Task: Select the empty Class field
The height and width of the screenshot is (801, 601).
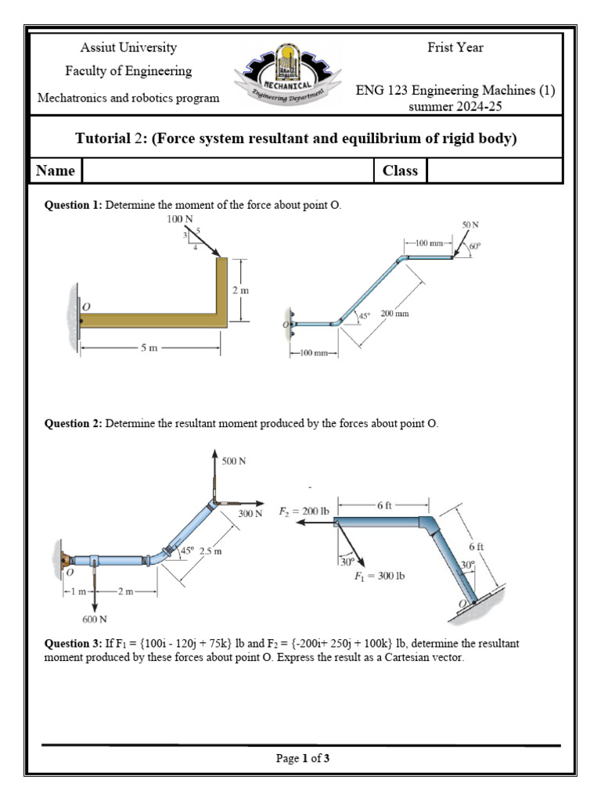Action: pos(494,171)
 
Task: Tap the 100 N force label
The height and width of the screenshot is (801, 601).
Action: pos(179,220)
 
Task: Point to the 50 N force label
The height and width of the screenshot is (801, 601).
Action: pos(470,224)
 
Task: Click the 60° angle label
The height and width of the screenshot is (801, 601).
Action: pos(475,246)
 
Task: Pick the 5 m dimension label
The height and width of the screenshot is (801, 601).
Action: pos(149,348)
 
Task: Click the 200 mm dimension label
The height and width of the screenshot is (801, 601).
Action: pos(394,314)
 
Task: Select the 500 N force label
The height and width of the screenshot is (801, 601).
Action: pos(234,462)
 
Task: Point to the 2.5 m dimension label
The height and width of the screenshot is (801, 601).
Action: pos(212,551)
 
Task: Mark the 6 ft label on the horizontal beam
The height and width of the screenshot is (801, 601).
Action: pos(384,505)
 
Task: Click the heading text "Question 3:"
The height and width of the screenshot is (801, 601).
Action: pos(74,644)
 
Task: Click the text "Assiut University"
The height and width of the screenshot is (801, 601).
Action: pos(129,48)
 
